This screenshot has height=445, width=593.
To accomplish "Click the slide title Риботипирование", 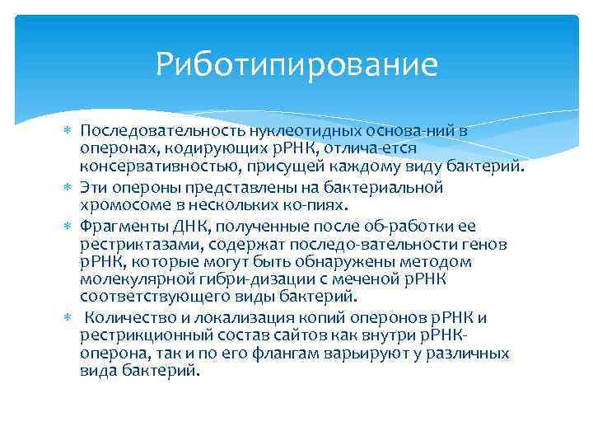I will click(296, 63).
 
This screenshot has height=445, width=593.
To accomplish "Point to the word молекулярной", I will click(124, 281).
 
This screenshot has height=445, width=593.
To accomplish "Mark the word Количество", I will click(122, 318).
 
